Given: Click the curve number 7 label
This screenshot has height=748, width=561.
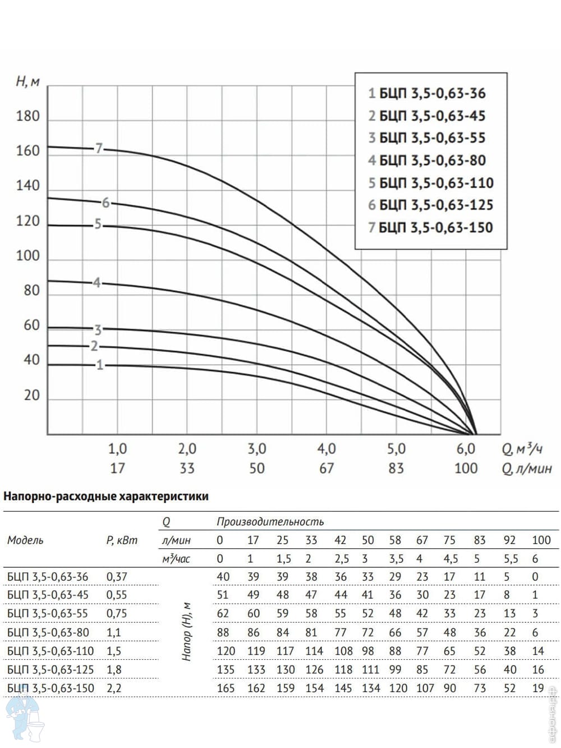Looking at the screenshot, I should [99, 148].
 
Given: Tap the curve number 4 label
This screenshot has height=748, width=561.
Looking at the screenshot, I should [96, 283].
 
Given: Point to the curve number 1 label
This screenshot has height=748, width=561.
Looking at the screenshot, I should [100, 365].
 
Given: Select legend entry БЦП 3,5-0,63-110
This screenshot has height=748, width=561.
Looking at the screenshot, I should [430, 183].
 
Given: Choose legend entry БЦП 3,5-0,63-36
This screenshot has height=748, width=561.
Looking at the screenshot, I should [427, 94].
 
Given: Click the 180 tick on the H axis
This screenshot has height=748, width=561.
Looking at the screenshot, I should [28, 116].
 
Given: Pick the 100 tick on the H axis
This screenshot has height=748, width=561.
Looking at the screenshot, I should [28, 256].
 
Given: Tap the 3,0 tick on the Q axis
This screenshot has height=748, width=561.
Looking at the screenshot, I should [256, 449].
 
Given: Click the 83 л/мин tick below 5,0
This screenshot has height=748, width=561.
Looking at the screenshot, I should [396, 468].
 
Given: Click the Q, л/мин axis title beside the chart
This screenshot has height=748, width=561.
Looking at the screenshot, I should [527, 469].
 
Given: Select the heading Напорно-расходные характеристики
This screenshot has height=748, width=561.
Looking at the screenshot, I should [106, 496].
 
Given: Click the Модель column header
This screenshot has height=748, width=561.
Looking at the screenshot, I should [25, 540].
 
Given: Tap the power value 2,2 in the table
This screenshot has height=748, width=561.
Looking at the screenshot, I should [114, 688].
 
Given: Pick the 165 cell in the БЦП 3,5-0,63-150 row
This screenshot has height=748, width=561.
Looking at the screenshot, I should [226, 688].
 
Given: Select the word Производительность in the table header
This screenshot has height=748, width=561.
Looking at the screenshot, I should [270, 522].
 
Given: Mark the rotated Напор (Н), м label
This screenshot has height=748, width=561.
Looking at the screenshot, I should [187, 632].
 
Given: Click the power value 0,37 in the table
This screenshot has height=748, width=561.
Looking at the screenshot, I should [117, 576].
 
